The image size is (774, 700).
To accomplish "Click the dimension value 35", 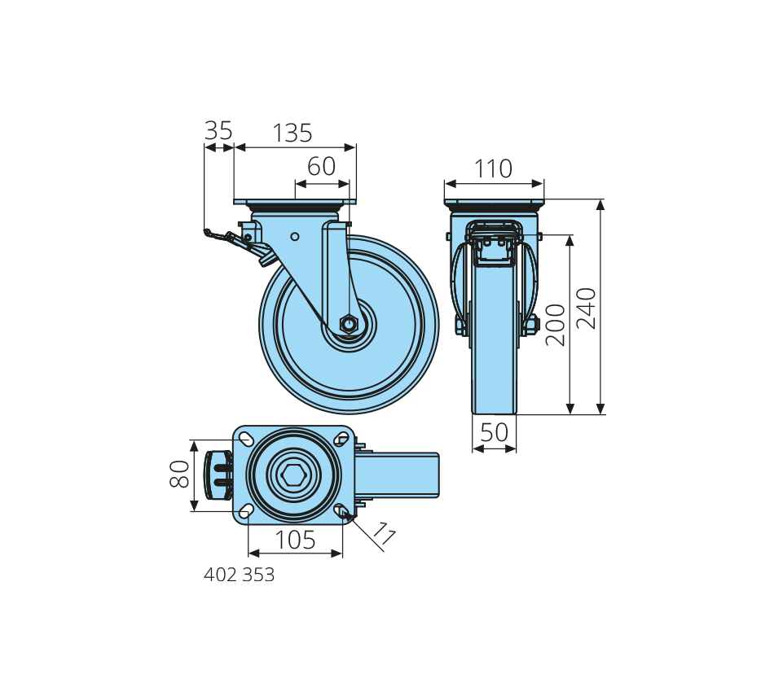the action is [218, 131].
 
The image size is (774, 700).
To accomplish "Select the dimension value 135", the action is [292, 133].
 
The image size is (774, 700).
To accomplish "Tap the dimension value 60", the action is [321, 166].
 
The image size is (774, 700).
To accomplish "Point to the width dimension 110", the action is [493, 168].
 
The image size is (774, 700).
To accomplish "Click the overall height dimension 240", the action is [587, 308].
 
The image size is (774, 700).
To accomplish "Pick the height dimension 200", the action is [556, 325].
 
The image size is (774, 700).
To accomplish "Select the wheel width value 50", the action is [494, 432].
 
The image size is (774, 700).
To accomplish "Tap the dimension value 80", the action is [179, 474].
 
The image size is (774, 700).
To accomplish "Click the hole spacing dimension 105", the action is [295, 540].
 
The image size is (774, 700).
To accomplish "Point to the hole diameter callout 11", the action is [384, 533].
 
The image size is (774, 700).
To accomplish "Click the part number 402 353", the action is [239, 575].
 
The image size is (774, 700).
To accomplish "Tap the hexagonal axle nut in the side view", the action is [349, 324].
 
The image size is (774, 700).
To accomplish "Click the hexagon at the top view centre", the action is [293, 475].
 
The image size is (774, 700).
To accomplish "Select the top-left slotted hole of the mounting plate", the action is [246, 438].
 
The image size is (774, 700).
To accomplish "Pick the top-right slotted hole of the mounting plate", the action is [341, 438].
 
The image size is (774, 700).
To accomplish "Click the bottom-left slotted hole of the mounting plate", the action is [246, 511].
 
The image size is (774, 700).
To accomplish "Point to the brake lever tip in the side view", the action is [207, 232].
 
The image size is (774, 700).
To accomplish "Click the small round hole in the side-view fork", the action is [295, 237].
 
